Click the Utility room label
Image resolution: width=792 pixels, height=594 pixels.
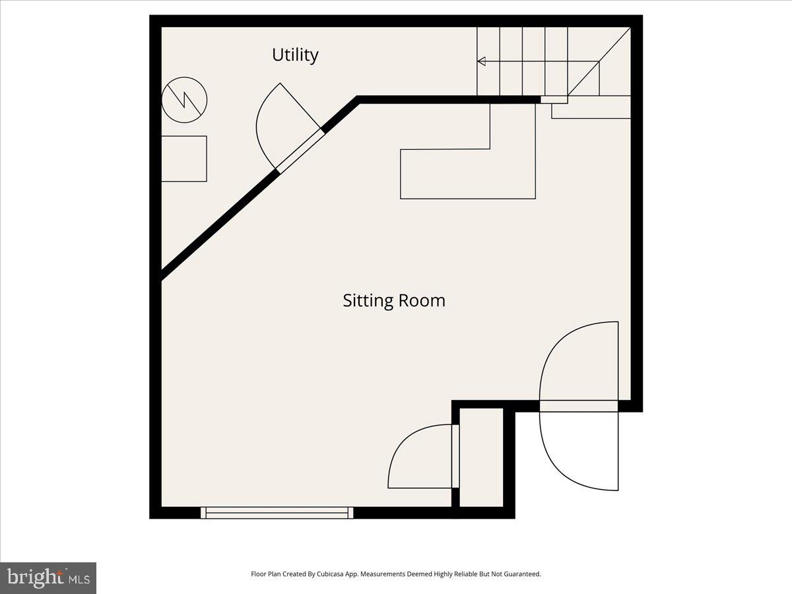(x=295, y=55)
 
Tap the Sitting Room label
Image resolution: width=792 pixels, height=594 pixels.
(x=394, y=301)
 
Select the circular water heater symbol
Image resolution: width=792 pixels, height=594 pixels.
(x=184, y=100)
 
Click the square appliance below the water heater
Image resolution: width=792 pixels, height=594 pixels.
(x=184, y=158)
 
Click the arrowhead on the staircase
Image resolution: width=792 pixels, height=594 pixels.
(x=481, y=61)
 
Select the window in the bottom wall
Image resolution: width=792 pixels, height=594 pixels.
(x=277, y=513)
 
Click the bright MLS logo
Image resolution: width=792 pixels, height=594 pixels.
(x=48, y=578)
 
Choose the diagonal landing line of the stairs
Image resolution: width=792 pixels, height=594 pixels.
(x=599, y=61)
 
